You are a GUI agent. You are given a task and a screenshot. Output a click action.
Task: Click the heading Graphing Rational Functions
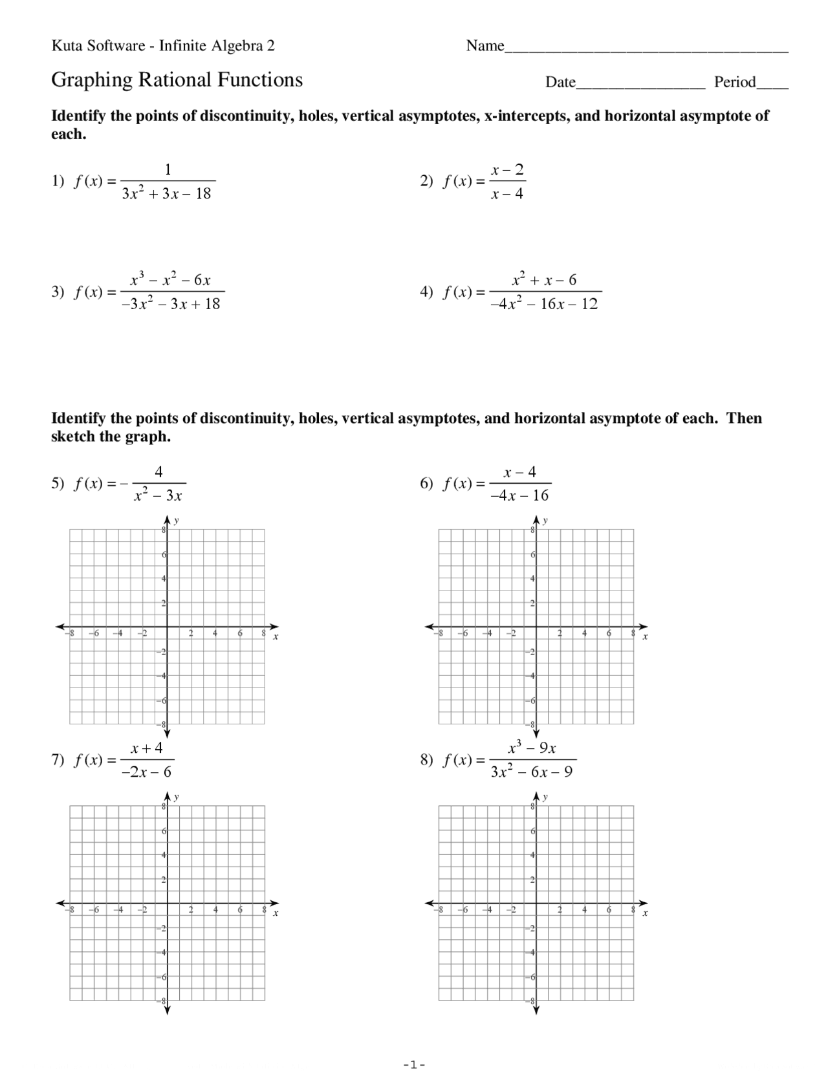177,80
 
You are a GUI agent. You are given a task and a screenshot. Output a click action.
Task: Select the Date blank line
640,85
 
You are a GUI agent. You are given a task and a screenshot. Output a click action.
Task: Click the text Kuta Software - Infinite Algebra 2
163,46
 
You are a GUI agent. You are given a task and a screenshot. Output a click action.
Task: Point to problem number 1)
58,181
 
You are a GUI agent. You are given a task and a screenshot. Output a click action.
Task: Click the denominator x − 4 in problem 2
507,194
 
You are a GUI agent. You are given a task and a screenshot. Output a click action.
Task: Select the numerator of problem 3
170,280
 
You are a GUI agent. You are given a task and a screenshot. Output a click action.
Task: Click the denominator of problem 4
544,304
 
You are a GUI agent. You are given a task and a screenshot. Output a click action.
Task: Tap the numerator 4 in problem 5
158,471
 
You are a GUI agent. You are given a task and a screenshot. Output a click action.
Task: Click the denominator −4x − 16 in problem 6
519,495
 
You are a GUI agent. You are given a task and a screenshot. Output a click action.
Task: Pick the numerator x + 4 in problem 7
147,748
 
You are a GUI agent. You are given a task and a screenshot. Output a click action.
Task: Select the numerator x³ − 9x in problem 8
532,748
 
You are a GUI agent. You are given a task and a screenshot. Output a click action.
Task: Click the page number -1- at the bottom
414,1065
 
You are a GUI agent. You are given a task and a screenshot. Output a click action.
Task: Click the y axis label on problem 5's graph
177,520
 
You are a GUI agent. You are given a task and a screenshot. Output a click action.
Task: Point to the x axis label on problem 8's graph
645,913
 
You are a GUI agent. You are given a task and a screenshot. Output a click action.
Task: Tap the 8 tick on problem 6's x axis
633,634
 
